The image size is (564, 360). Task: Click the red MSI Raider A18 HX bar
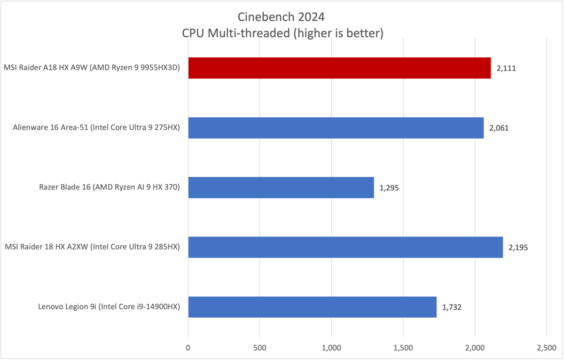click(339, 68)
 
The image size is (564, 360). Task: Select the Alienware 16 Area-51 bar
click(336, 128)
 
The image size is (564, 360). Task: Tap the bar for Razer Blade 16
click(281, 188)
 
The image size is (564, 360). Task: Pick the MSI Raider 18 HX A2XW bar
click(345, 247)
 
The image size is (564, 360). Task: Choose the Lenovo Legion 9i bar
click(312, 307)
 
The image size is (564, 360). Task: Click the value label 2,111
click(507, 68)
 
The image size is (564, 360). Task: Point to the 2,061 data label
click(500, 128)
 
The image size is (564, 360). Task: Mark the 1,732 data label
click(452, 307)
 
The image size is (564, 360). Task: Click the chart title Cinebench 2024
click(281, 17)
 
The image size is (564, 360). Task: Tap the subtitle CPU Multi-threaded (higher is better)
click(281, 33)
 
